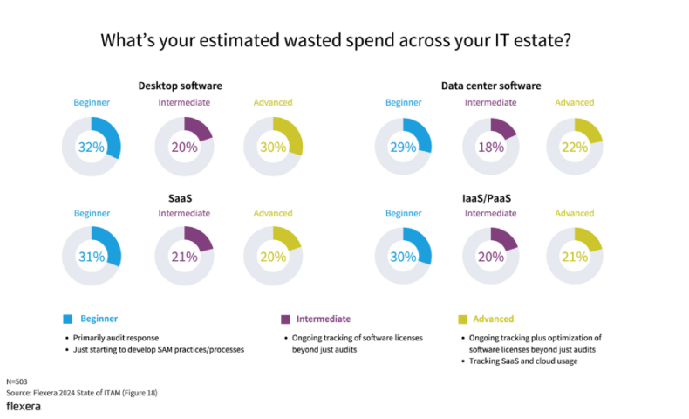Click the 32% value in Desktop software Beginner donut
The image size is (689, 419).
click(92, 148)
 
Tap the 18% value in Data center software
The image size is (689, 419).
click(491, 148)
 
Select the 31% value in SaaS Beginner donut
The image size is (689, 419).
click(92, 258)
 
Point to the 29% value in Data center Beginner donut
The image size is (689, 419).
click(404, 148)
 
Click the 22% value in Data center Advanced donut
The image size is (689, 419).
click(575, 148)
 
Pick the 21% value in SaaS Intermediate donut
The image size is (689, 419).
click(183, 258)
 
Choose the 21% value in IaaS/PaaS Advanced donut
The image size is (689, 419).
click(575, 258)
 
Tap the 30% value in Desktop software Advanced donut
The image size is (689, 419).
click(273, 148)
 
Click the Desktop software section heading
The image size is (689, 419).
click(180, 86)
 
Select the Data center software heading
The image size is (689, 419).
click(491, 86)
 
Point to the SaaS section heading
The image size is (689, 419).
click(180, 198)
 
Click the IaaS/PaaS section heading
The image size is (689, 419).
click(491, 198)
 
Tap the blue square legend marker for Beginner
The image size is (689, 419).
click(68, 319)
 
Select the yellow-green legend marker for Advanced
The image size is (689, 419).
click(463, 319)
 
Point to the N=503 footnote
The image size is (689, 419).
click(17, 381)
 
